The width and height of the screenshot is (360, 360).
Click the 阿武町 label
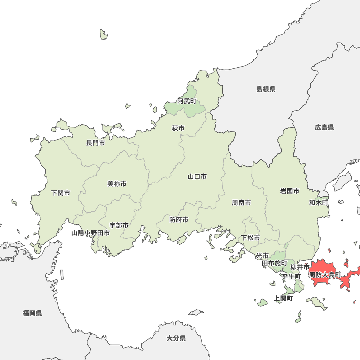tap(187, 101)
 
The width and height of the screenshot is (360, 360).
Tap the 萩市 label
tap(178, 128)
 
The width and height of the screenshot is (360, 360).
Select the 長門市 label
tap(95, 143)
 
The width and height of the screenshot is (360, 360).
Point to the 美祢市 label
tap(117, 184)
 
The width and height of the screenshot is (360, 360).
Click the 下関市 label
tap(60, 193)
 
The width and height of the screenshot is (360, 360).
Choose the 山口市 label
tap(197, 177)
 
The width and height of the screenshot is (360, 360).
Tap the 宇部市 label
tap(119, 226)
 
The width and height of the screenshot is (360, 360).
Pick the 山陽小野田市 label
tap(90, 233)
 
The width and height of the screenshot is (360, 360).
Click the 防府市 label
tap(179, 220)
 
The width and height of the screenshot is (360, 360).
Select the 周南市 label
tap(242, 203)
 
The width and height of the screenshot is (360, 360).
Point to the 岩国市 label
tap(290, 191)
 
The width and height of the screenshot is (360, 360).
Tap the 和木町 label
tap(319, 203)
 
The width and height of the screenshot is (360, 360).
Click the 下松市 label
tap(251, 238)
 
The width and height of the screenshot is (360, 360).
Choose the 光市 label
tap(262, 256)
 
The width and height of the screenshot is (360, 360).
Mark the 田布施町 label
tap(274, 264)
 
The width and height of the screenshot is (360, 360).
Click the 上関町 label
tap(283, 298)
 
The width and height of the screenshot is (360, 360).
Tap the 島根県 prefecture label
tap(266, 89)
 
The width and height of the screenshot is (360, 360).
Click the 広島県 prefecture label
tap(324, 127)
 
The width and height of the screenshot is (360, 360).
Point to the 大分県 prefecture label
tap(176, 338)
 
